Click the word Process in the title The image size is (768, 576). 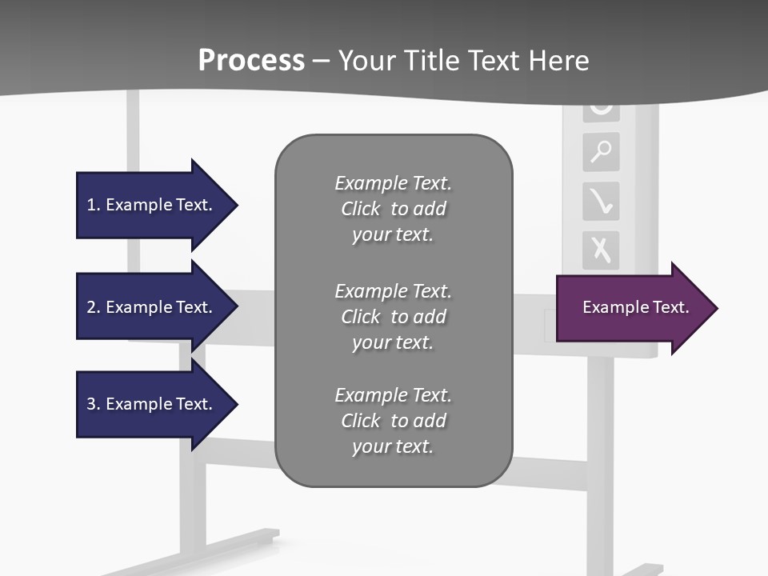tap(251, 61)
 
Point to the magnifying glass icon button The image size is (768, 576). tap(601, 151)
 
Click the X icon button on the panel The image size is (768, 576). tap(601, 250)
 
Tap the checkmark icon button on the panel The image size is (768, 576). tap(601, 201)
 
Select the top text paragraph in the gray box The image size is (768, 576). tap(394, 209)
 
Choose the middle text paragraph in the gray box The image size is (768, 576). tap(394, 317)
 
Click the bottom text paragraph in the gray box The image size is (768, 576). tap(394, 421)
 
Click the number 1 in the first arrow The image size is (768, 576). tap(91, 205)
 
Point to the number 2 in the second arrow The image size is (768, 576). tap(91, 307)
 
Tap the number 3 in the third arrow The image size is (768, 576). tap(91, 404)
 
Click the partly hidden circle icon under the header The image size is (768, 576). tap(601, 110)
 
